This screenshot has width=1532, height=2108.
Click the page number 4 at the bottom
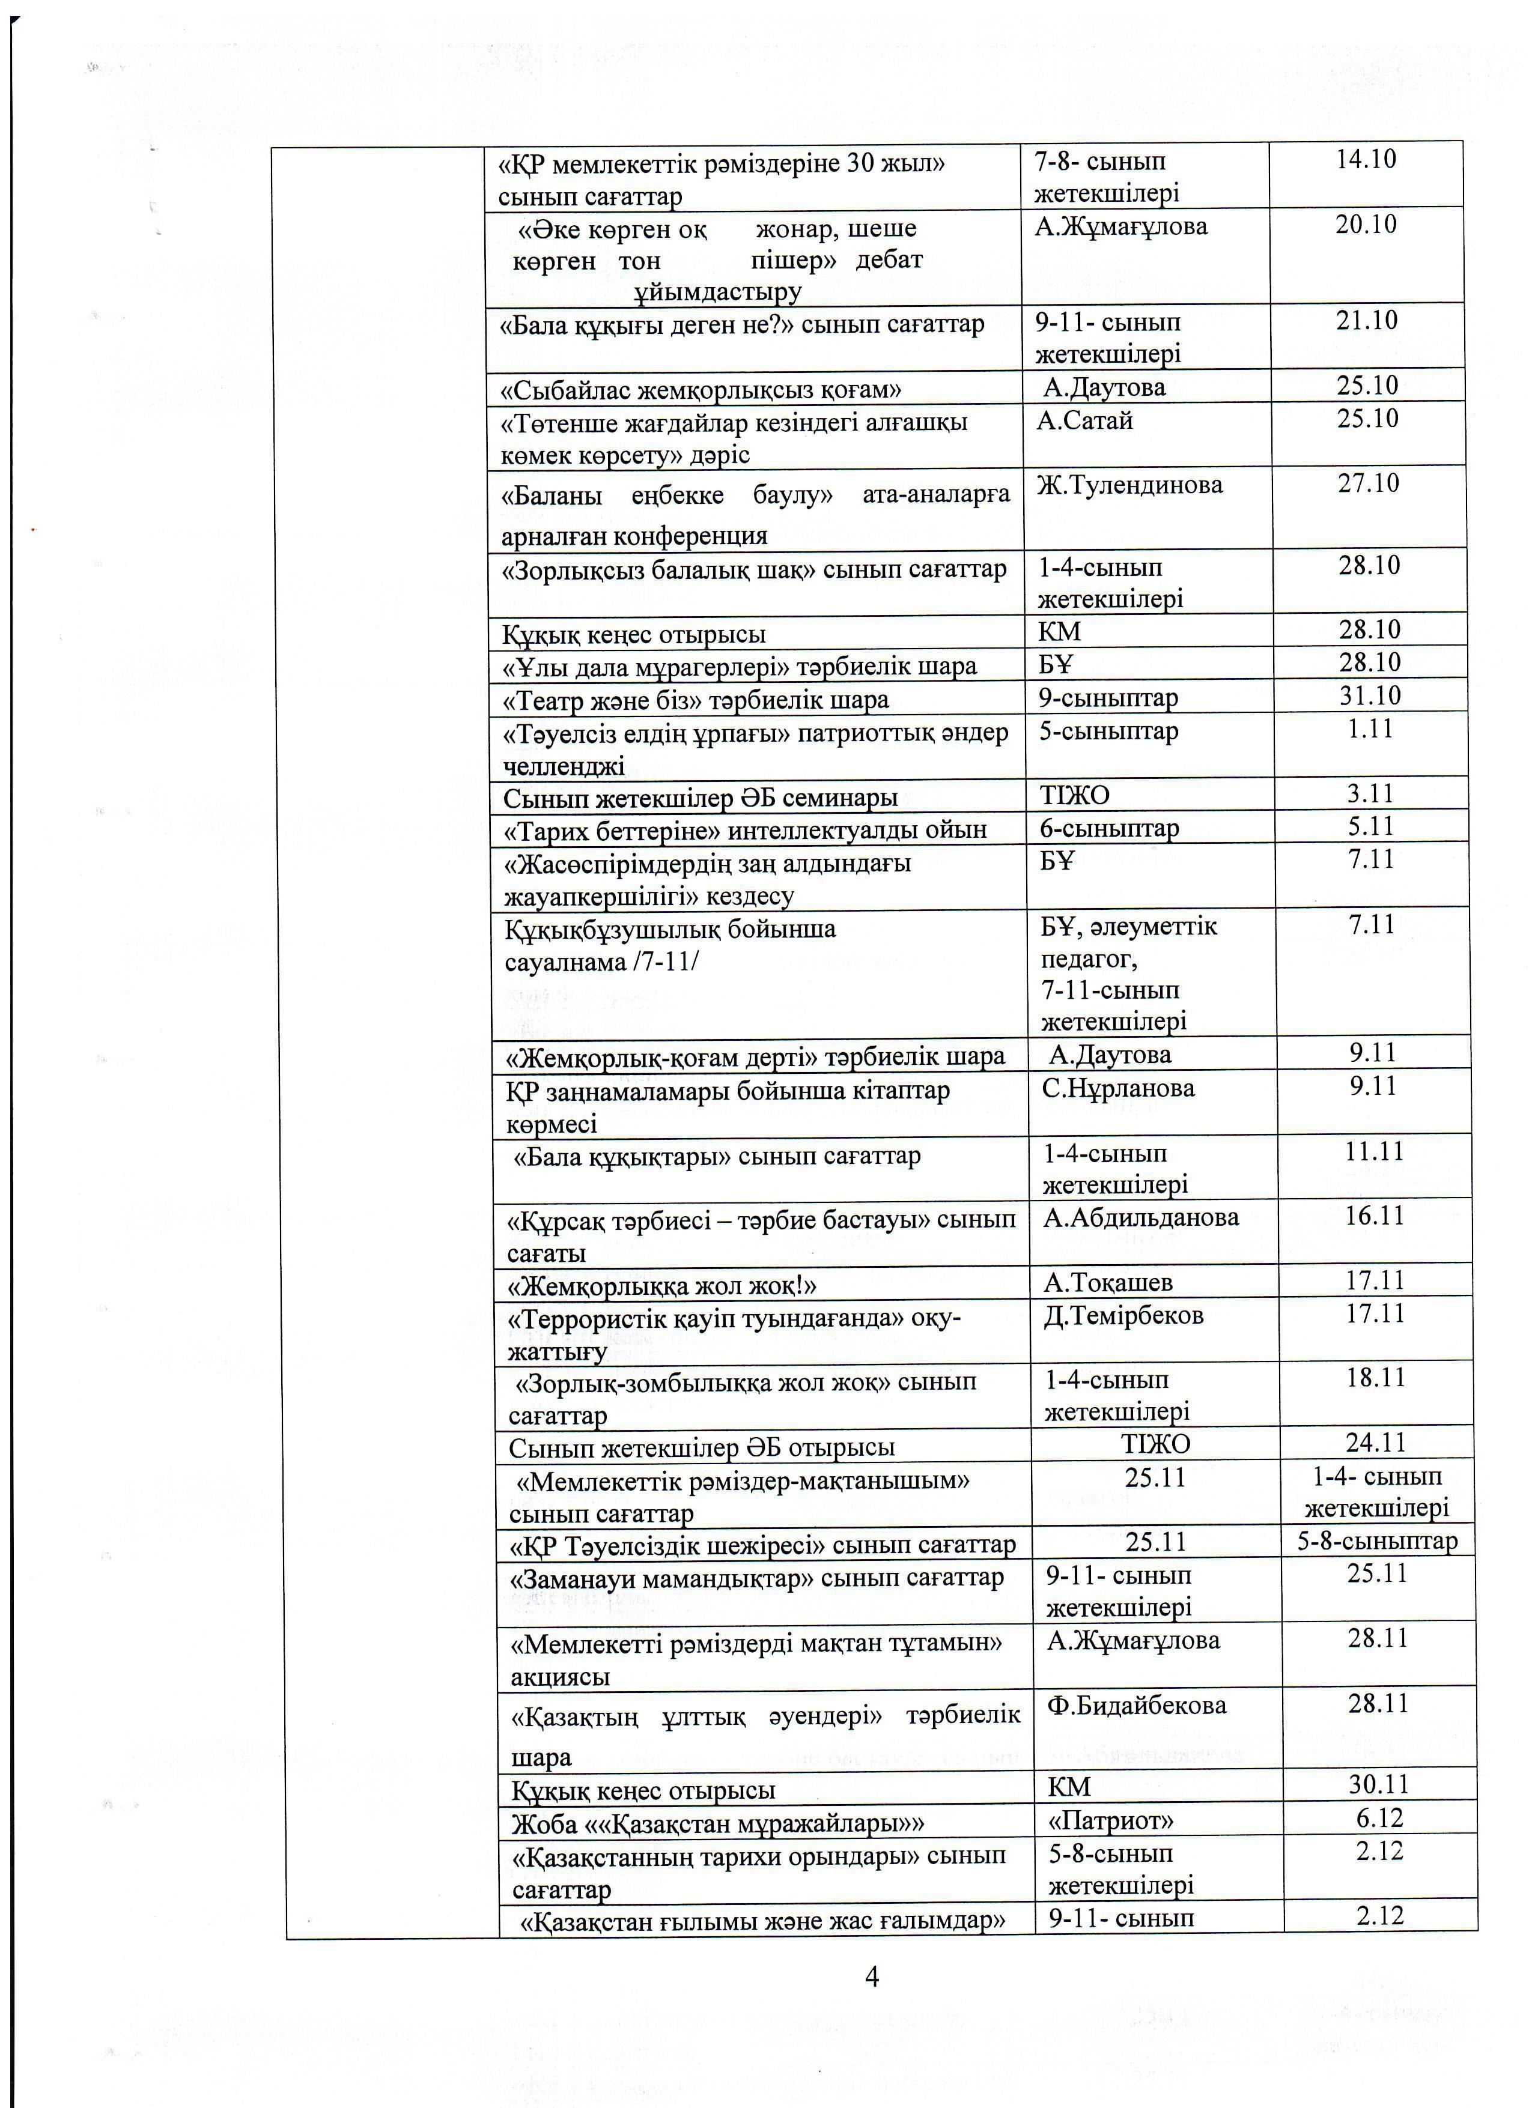pyautogui.click(x=872, y=1976)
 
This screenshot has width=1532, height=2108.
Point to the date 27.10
pyautogui.click(x=1369, y=483)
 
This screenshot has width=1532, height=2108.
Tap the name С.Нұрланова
pyautogui.click(x=1117, y=1088)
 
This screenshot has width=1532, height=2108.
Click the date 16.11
pyautogui.click(x=1374, y=1216)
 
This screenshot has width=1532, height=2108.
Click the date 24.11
pyautogui.click(x=1376, y=1443)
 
